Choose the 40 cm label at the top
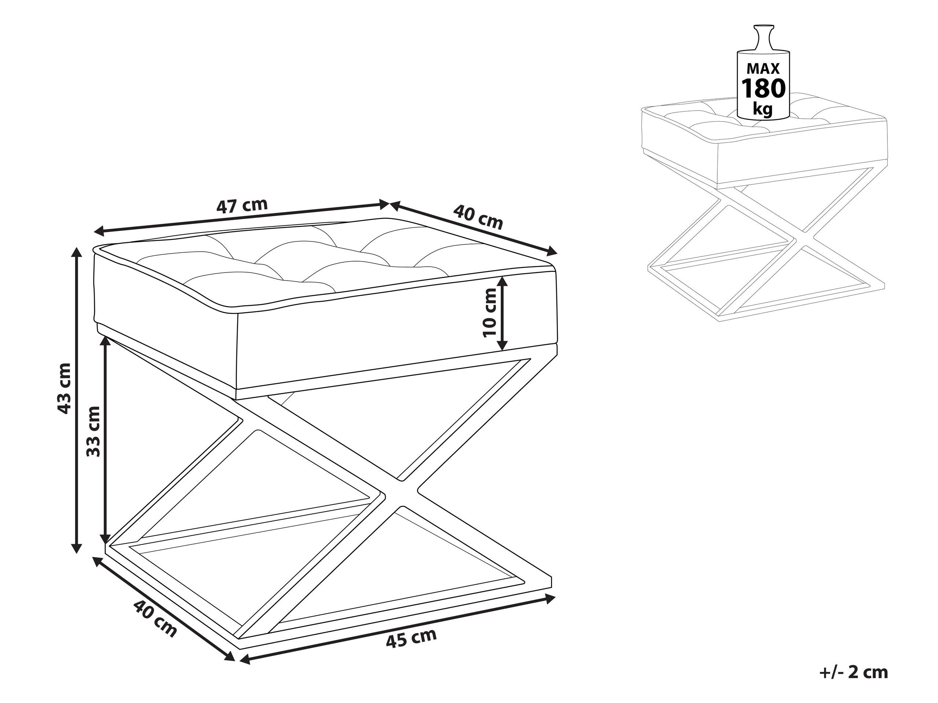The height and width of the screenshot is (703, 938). pyautogui.click(x=478, y=216)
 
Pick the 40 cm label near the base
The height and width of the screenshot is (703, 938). pyautogui.click(x=155, y=618)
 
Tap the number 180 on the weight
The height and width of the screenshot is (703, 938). pyautogui.click(x=763, y=88)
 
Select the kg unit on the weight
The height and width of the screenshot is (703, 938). pyautogui.click(x=763, y=109)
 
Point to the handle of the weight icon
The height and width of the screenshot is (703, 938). pyautogui.click(x=763, y=38)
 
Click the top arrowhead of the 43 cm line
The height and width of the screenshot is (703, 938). pyautogui.click(x=76, y=253)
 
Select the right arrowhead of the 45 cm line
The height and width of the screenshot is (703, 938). pyautogui.click(x=551, y=599)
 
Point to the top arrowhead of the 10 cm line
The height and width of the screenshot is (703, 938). pyautogui.click(x=503, y=282)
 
